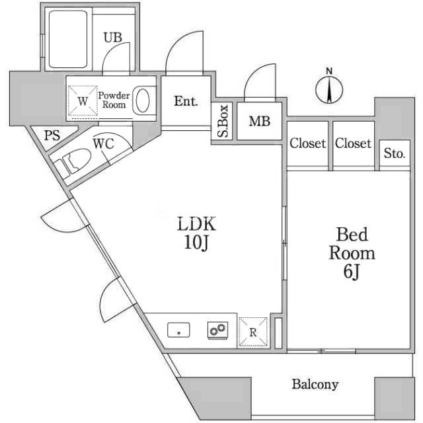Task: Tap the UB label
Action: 112,38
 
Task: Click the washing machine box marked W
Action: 82,101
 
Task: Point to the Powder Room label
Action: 113,100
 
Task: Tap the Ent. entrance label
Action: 186,101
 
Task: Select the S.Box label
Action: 223,122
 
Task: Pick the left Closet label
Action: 307,143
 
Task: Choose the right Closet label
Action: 352,143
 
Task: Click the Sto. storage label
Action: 395,154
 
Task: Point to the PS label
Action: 52,136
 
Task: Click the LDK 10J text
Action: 196,233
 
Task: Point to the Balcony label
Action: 315,384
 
